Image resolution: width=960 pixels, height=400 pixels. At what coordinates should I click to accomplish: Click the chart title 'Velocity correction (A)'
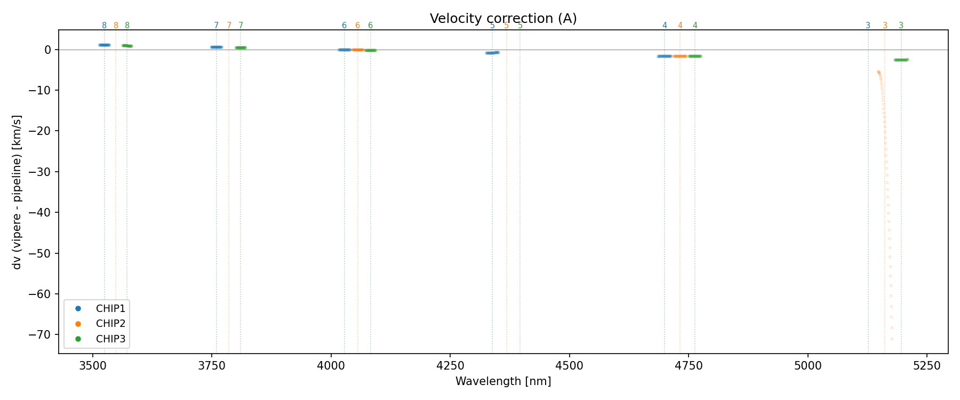[x=503, y=19]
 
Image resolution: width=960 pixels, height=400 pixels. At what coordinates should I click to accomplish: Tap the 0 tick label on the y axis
[x=48, y=50]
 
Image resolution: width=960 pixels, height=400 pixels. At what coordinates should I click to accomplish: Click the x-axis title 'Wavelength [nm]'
[x=503, y=381]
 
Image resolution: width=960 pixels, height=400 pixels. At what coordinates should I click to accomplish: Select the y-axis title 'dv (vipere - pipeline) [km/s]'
[x=17, y=192]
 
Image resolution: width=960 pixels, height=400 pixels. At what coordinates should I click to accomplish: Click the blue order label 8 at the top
[x=104, y=26]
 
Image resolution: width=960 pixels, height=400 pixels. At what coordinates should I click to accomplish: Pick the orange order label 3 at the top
[x=885, y=26]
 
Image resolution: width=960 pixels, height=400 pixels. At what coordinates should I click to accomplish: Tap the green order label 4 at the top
[x=695, y=26]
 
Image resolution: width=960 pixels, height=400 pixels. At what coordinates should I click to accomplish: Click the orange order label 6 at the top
[x=357, y=26]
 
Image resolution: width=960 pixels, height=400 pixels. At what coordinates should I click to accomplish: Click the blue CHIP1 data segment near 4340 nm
[x=492, y=53]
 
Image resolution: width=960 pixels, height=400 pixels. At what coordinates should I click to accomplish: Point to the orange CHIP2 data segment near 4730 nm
[x=679, y=56]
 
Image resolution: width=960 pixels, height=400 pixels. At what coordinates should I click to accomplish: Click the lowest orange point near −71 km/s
[x=892, y=339]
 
